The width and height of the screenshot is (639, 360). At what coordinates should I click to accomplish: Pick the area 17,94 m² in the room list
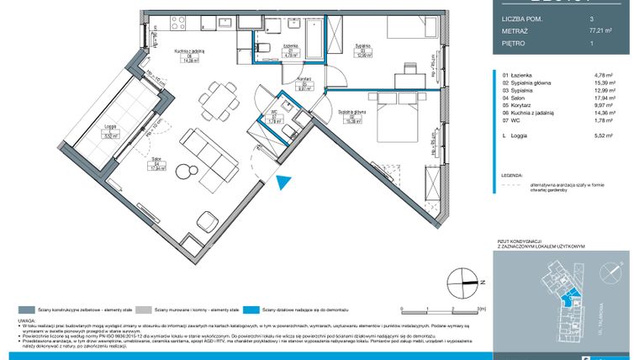[x=604, y=98]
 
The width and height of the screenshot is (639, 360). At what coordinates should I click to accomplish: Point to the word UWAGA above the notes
[x=25, y=320]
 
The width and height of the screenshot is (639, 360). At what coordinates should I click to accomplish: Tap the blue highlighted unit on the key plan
[x=571, y=293]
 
